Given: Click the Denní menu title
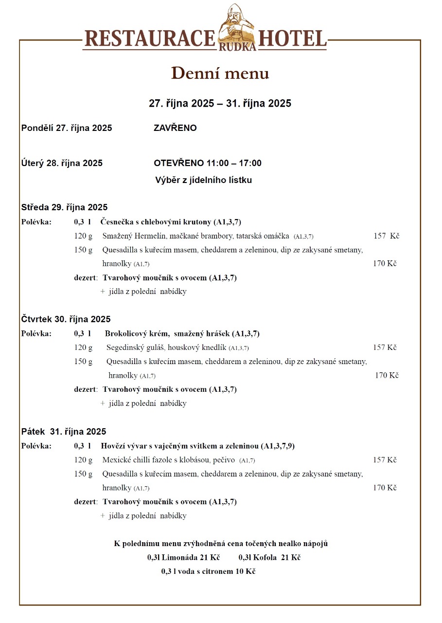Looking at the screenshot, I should [x=220, y=73].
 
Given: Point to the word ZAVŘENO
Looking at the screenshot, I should [x=175, y=128].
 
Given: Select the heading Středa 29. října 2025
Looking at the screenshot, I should [x=64, y=207].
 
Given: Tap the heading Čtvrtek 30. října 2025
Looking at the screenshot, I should [x=66, y=319].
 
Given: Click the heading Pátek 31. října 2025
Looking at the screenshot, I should [x=64, y=432].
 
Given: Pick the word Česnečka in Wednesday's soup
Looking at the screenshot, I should [x=117, y=222].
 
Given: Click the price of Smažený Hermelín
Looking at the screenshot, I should [x=386, y=236].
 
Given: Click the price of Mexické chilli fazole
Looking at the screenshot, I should [x=385, y=460].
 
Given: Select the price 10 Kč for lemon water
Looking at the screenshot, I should [x=246, y=571].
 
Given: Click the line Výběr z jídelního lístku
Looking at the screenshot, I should [x=204, y=180].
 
